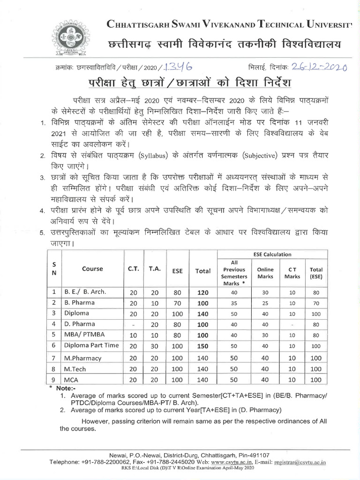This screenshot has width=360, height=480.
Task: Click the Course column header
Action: pos(92,269)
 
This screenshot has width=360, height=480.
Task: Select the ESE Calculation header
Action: pos(272,255)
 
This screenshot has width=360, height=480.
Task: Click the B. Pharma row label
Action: pos(80,302)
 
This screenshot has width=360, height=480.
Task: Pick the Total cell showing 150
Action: pos(202,346)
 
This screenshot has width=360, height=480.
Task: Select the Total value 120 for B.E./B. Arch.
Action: pos(202,292)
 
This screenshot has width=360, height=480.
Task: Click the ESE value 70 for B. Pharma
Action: pos(177,303)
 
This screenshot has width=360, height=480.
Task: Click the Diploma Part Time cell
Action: pos(91,345)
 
